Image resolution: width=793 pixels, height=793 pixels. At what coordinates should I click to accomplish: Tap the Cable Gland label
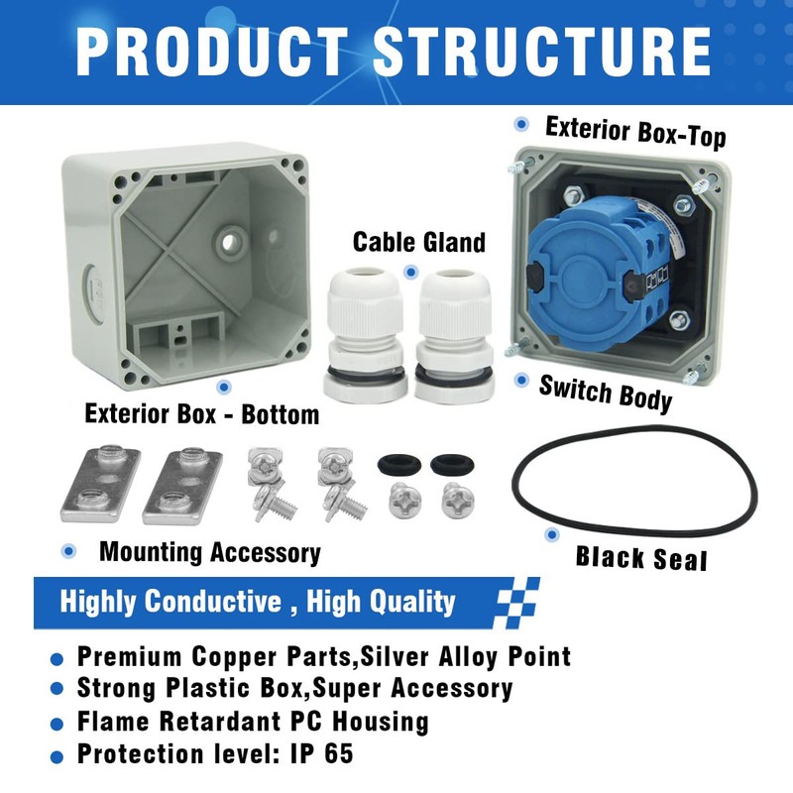tap(419, 242)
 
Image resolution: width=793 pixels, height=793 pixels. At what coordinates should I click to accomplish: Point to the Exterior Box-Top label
tap(635, 131)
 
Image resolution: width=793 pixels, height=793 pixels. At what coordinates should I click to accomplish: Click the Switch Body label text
tap(606, 392)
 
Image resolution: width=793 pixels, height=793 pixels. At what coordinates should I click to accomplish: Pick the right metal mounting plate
tap(182, 486)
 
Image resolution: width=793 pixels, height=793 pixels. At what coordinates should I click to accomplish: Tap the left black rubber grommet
tap(396, 463)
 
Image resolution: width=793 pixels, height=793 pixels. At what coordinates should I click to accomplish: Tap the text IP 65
tap(320, 753)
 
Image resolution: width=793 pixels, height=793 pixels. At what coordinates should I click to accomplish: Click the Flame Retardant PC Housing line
tap(253, 721)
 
